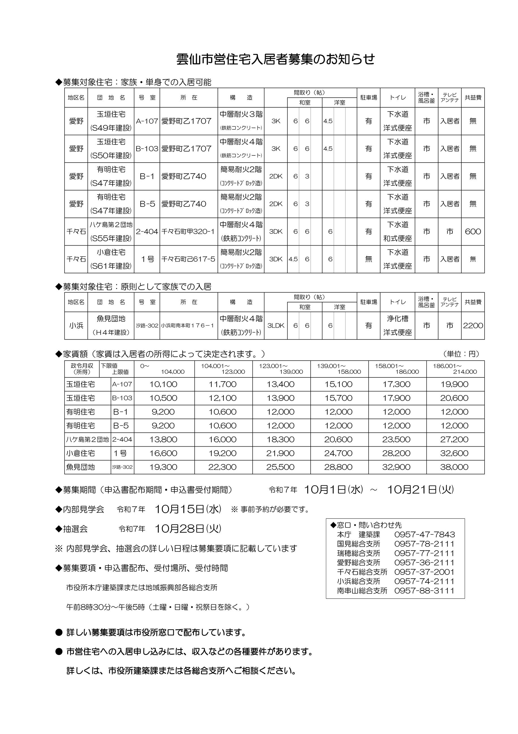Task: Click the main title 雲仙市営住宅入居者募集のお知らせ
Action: (x=275, y=59)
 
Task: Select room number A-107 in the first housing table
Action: (x=147, y=121)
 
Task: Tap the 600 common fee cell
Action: (x=473, y=231)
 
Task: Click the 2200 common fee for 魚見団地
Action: (x=473, y=325)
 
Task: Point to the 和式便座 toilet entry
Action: (x=397, y=238)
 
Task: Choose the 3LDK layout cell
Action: (x=276, y=325)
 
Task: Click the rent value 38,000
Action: (x=454, y=467)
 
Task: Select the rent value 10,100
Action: (x=163, y=384)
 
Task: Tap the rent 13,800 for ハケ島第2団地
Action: (x=163, y=439)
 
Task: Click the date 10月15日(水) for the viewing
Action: (x=188, y=509)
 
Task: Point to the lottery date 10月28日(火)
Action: (x=188, y=529)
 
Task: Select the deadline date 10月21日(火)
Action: (x=420, y=489)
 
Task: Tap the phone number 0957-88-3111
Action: (x=424, y=591)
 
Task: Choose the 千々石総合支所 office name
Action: (x=362, y=572)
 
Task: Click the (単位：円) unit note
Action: (x=461, y=354)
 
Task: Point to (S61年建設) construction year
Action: (x=111, y=266)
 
